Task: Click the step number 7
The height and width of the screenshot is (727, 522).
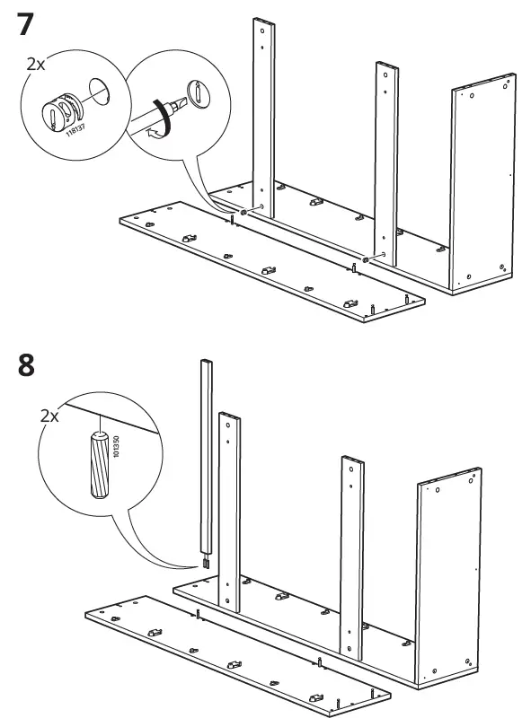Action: coord(26,24)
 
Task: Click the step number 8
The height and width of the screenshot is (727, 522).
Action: coord(26,365)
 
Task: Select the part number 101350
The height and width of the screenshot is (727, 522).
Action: coord(118,450)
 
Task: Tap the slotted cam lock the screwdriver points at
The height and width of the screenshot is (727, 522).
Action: coord(195,93)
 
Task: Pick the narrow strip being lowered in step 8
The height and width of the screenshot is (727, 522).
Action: coord(206,458)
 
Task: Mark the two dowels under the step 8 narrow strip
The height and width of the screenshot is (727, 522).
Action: coord(206,565)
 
